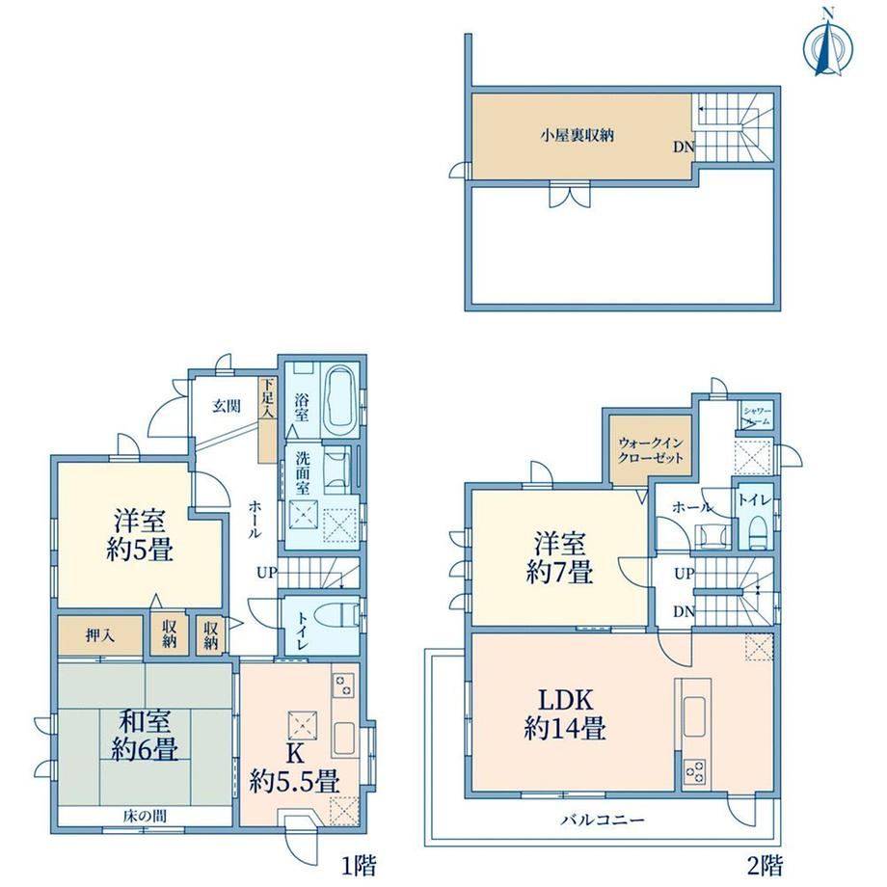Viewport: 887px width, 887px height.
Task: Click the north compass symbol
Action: point(827,47)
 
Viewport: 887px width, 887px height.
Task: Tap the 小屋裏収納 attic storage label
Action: point(577,135)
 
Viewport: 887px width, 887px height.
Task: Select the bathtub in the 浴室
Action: point(340,400)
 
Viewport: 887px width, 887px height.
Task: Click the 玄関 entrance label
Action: point(227,406)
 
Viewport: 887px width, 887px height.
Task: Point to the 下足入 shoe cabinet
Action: point(268,419)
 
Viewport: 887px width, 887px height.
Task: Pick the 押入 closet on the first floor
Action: point(100,635)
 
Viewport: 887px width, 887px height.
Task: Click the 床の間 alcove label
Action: point(145,816)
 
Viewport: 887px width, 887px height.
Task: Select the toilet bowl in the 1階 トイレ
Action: point(338,615)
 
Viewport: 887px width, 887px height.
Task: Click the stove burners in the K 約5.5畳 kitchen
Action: point(343,685)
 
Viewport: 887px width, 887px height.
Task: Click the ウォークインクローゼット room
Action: point(651,449)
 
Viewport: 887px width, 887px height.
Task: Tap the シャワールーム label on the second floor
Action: point(757,416)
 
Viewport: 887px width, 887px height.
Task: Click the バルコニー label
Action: point(603,820)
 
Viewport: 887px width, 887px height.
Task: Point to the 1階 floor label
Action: point(359,865)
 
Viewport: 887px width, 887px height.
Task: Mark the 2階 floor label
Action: point(765,865)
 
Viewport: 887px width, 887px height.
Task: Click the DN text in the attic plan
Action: point(684,148)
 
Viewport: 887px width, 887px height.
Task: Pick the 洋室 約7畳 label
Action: point(560,558)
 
